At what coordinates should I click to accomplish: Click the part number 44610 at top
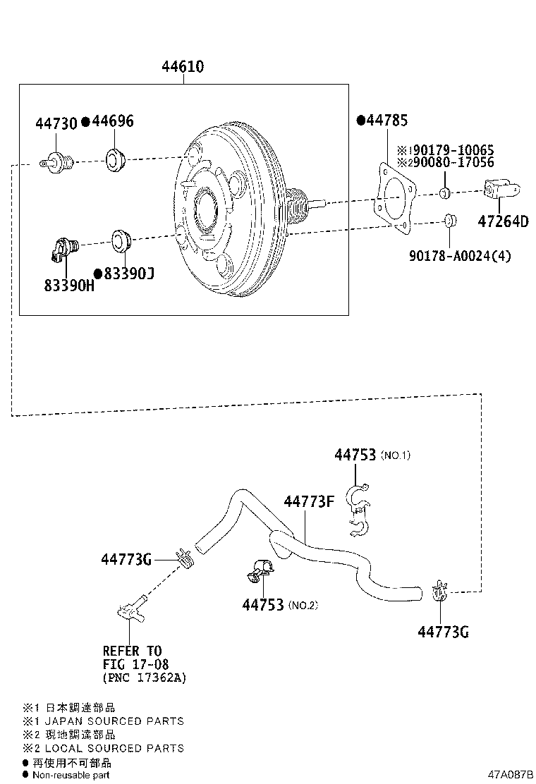183,67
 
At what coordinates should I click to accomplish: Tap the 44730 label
56,124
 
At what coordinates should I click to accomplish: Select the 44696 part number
112,122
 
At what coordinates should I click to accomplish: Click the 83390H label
68,286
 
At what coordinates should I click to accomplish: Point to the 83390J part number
128,273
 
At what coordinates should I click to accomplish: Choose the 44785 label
386,121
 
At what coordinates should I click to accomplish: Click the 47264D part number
502,221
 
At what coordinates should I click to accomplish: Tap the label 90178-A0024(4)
459,256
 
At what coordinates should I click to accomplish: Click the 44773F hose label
309,502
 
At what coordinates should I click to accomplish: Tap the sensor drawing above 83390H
64,247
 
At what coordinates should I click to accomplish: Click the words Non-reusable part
71,775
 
